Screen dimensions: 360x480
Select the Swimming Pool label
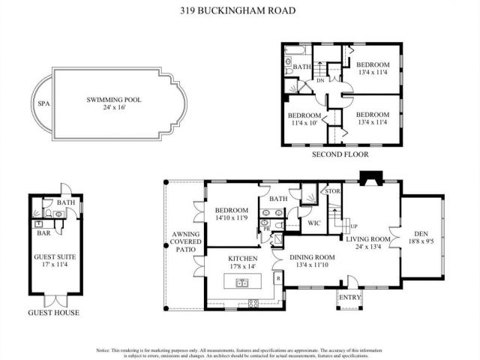pyautogui.click(x=114, y=99)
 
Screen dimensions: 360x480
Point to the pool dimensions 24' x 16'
pyautogui.click(x=114, y=108)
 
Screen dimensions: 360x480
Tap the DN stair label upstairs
pyautogui.click(x=321, y=79)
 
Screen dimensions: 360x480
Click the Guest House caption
pyautogui.click(x=54, y=312)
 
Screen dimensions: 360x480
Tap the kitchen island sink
pyautogui.click(x=242, y=283)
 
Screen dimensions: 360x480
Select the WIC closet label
pyautogui.click(x=315, y=223)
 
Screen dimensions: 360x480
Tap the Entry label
pyautogui.click(x=350, y=298)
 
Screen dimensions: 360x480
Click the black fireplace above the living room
pyautogui.click(x=370, y=178)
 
